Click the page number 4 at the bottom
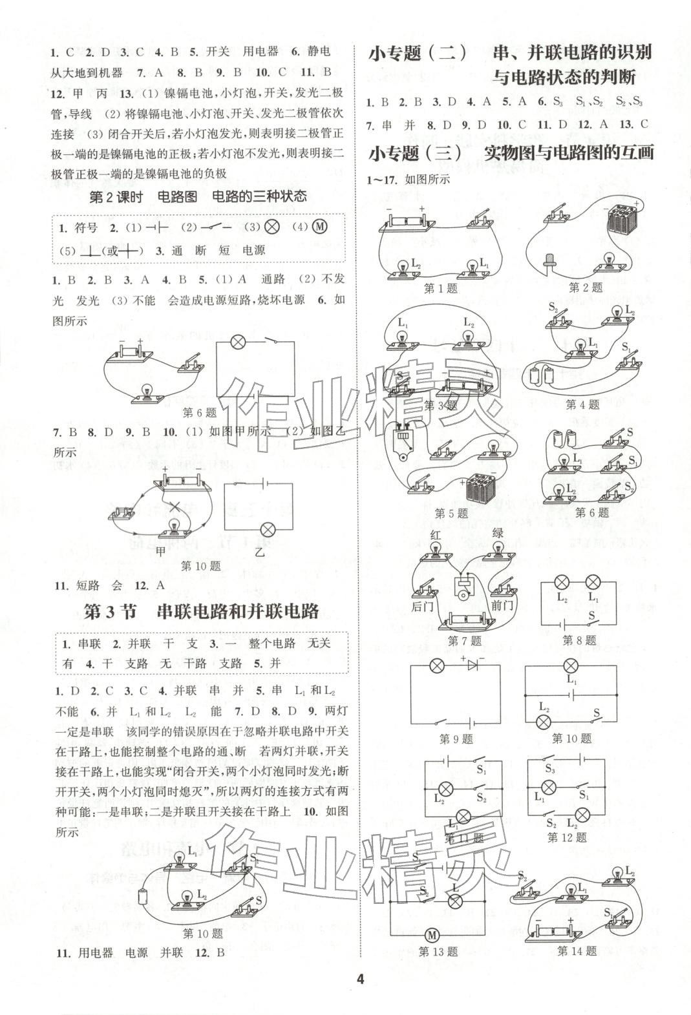tap(360, 979)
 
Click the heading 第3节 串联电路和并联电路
tap(202, 611)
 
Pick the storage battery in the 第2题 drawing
tap(623, 222)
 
